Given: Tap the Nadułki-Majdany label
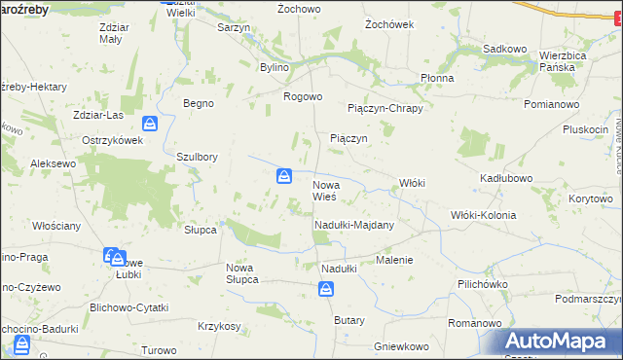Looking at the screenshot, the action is [x=353, y=225].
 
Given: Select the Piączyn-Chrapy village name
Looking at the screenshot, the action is [x=385, y=108].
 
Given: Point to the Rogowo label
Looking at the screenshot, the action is [x=302, y=96].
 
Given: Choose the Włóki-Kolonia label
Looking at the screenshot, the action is [x=483, y=215].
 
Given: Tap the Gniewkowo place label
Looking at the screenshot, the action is [x=401, y=346].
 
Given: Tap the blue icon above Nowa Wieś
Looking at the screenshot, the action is [x=283, y=176].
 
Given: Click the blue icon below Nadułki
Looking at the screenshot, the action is [x=326, y=289].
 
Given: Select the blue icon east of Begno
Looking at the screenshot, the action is [x=149, y=124].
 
